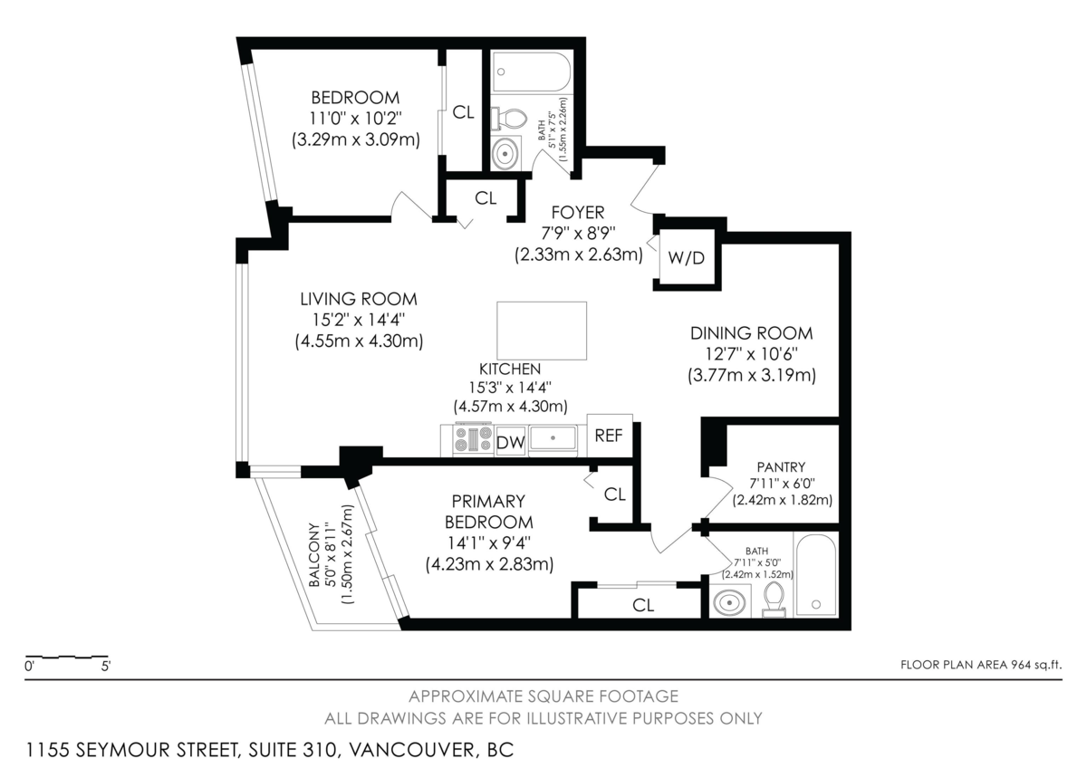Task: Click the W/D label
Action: (686, 258)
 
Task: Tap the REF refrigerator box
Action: (610, 436)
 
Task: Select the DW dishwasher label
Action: (511, 443)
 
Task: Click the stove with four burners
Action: (473, 439)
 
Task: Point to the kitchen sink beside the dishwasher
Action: (553, 438)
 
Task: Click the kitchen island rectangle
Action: (542, 331)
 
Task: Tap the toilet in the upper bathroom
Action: (509, 119)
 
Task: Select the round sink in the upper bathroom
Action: (505, 153)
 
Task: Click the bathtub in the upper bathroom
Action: (532, 72)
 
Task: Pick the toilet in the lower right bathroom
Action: (774, 600)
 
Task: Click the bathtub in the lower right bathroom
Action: (816, 576)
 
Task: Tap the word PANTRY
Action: (781, 467)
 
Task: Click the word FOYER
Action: (578, 213)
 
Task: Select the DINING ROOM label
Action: (752, 333)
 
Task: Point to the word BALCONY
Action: (314, 554)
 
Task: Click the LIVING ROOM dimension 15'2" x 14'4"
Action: (359, 321)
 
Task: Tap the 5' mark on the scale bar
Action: (106, 667)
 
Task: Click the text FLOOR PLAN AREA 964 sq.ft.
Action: (981, 665)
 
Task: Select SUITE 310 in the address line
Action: (292, 750)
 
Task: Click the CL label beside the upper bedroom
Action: (463, 112)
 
